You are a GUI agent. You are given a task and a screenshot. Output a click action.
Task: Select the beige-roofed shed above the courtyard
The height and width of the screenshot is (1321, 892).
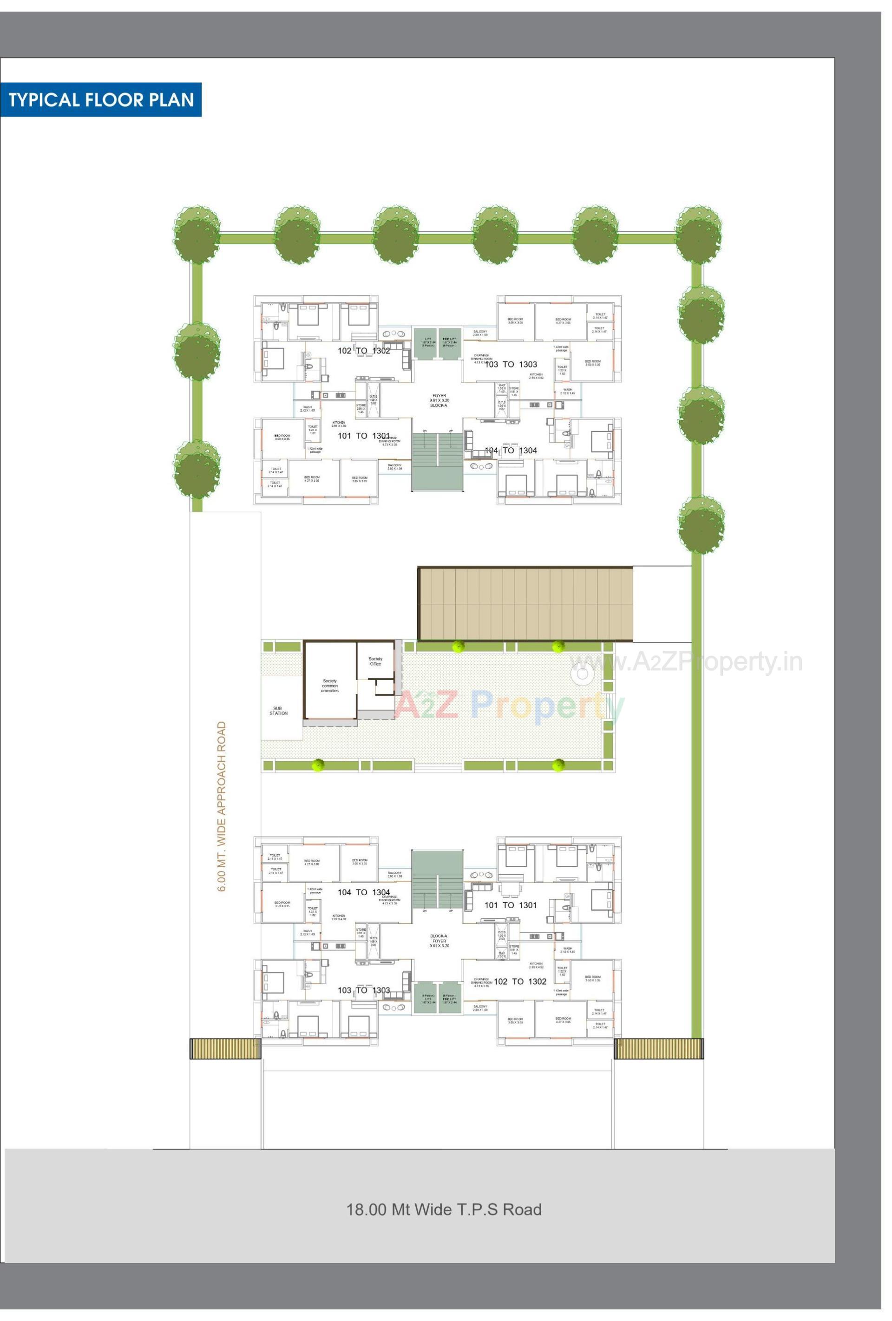coord(526,604)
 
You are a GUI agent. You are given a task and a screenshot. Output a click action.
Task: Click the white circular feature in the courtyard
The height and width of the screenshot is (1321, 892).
coord(582,675)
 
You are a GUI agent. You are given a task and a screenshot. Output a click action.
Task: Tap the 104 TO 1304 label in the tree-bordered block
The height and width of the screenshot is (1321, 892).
coord(511,450)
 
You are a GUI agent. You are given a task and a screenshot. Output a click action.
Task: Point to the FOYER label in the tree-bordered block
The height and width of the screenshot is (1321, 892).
coord(439,396)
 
